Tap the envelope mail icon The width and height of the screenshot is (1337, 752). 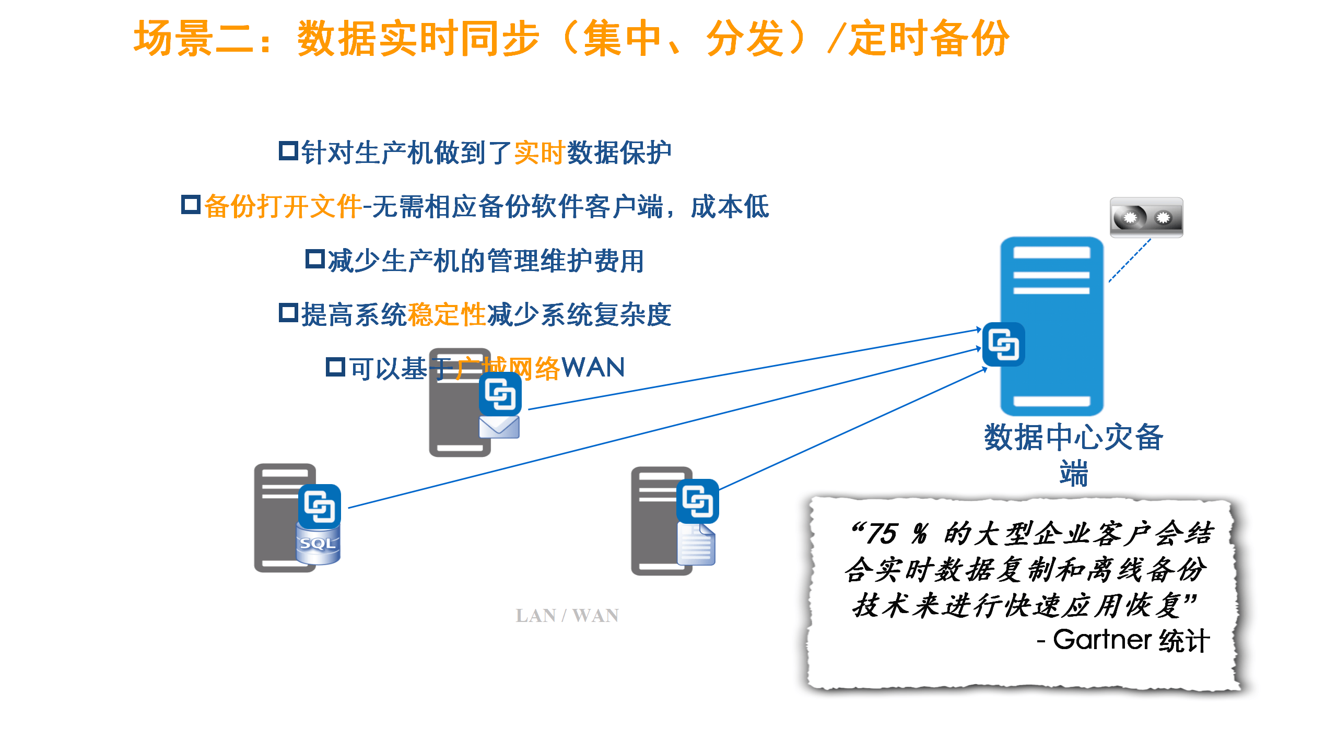(x=499, y=427)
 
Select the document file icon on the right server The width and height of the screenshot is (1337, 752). (x=696, y=545)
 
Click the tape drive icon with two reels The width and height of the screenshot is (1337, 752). (x=1146, y=217)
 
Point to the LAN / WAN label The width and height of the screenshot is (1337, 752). (x=567, y=616)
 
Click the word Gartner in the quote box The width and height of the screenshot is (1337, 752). (x=1102, y=640)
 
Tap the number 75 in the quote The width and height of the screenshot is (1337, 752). (x=882, y=534)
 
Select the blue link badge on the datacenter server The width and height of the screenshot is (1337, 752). (x=1003, y=345)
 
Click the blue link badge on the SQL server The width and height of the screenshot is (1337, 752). (x=319, y=506)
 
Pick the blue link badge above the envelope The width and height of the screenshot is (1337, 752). (x=500, y=394)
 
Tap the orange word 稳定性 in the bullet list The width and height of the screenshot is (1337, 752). (x=447, y=315)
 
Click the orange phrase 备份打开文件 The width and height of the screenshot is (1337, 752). (x=283, y=206)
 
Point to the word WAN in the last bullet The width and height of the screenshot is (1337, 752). (x=593, y=368)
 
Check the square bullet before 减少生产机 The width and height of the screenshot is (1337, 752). (x=315, y=259)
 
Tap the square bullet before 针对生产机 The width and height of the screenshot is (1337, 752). (x=288, y=151)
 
